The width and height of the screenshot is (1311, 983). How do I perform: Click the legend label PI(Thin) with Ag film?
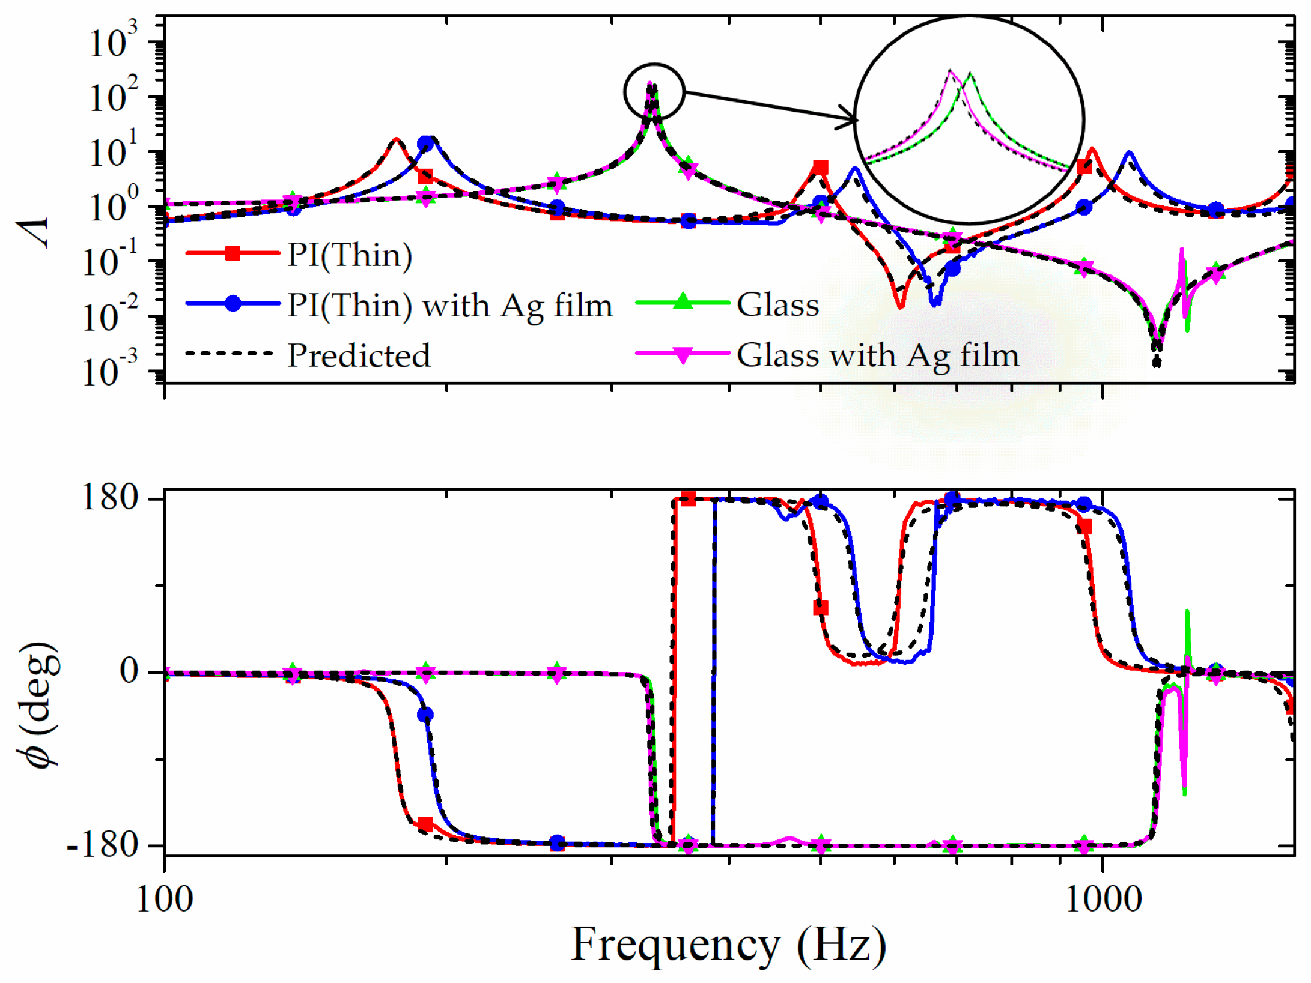tap(449, 306)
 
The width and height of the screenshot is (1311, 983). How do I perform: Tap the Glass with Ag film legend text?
tap(877, 355)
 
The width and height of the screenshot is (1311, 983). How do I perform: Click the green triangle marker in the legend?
tap(683, 301)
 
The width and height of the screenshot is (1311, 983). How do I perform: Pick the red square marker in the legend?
tap(233, 253)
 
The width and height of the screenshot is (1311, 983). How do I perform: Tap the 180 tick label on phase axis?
tap(110, 498)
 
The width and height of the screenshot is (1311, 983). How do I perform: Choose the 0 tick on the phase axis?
tap(129, 671)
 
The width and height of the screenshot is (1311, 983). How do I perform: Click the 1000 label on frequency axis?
tap(1103, 900)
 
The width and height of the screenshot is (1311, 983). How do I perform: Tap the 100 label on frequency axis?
tap(165, 900)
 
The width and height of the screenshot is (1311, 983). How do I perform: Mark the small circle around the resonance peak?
tap(654, 91)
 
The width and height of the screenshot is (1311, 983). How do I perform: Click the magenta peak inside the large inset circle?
tap(950, 71)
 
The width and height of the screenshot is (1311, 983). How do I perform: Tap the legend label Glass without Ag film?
tap(777, 305)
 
